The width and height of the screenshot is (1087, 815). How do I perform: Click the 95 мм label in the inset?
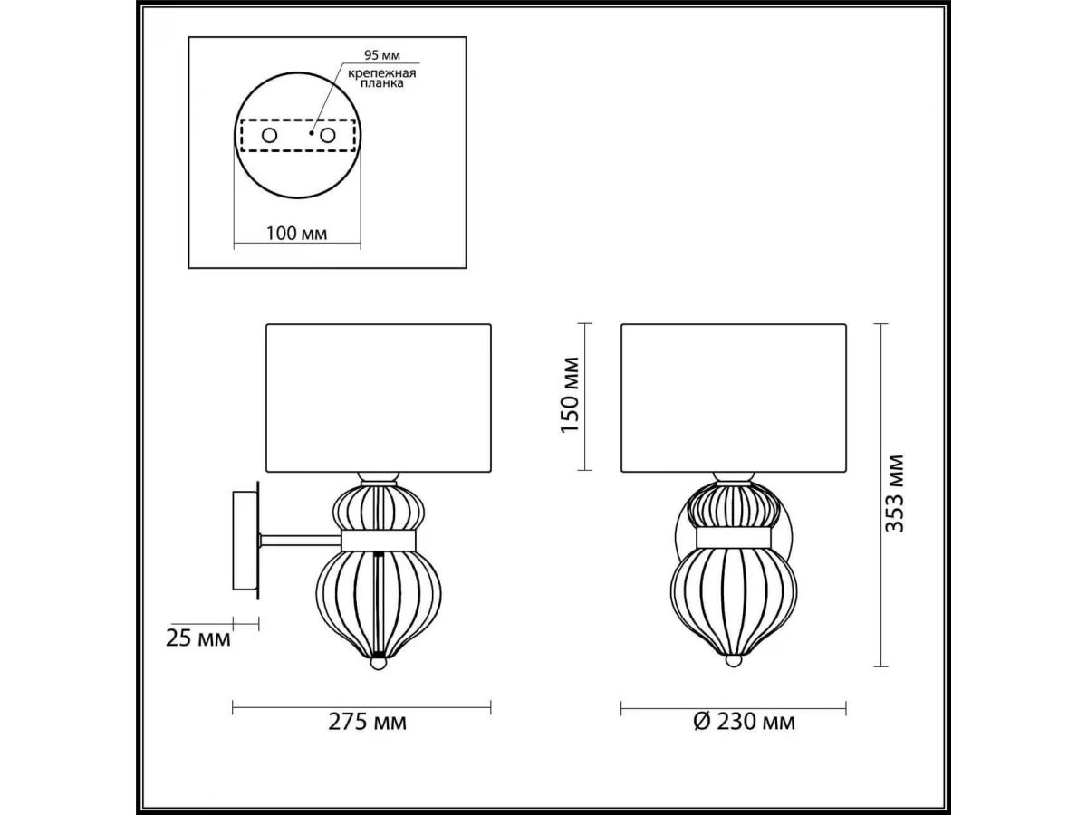tap(382, 54)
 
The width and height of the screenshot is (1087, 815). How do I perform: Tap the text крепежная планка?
tap(382, 78)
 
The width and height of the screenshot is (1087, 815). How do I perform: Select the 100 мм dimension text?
tap(296, 233)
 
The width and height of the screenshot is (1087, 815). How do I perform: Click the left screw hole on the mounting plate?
tap(269, 135)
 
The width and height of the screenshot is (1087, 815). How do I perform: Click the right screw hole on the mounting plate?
tap(328, 135)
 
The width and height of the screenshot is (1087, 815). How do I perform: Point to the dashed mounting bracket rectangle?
tap(298, 120)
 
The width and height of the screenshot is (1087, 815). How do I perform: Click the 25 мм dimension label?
tap(198, 638)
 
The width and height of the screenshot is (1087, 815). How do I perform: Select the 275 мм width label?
tap(368, 722)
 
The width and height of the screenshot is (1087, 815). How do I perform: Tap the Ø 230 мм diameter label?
tap(744, 722)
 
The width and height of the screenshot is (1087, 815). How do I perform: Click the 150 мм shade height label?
tap(570, 395)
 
